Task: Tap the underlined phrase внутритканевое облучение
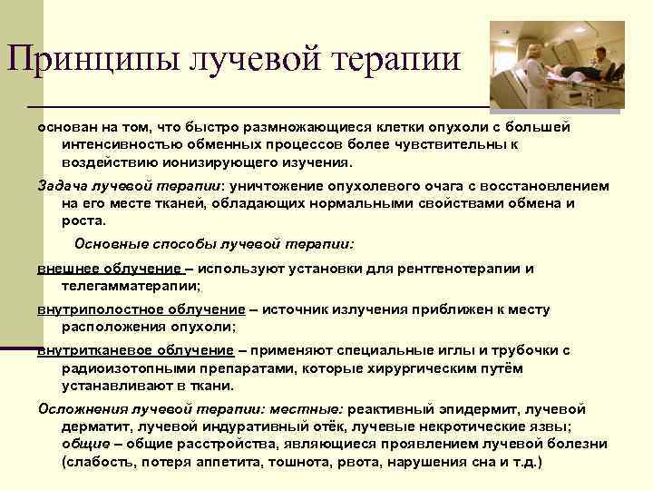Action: [136, 350]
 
